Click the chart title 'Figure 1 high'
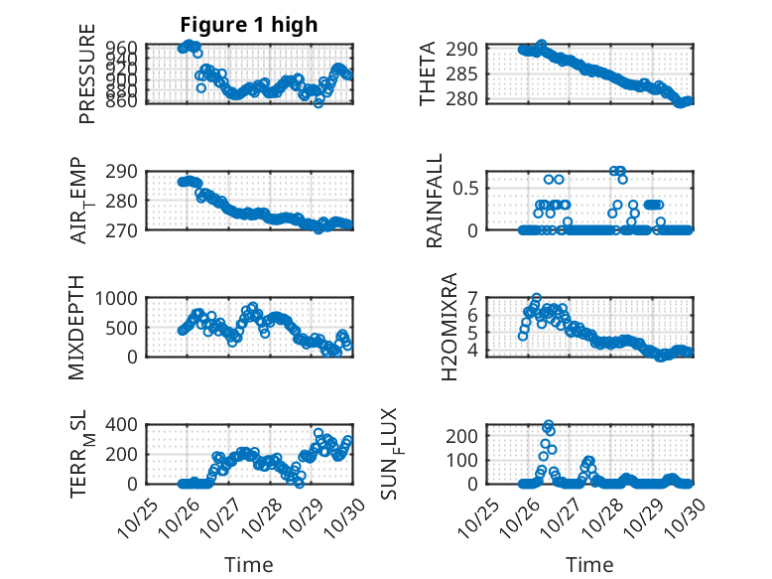point(248,25)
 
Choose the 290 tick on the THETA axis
point(466,49)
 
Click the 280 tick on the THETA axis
point(466,98)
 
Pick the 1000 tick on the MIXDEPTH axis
point(119,298)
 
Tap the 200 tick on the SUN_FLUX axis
point(466,435)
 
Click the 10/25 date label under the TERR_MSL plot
point(137,514)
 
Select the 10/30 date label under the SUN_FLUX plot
point(684,514)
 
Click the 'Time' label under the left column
point(248,564)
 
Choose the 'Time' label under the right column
point(589,564)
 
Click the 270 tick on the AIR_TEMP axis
point(126,229)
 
